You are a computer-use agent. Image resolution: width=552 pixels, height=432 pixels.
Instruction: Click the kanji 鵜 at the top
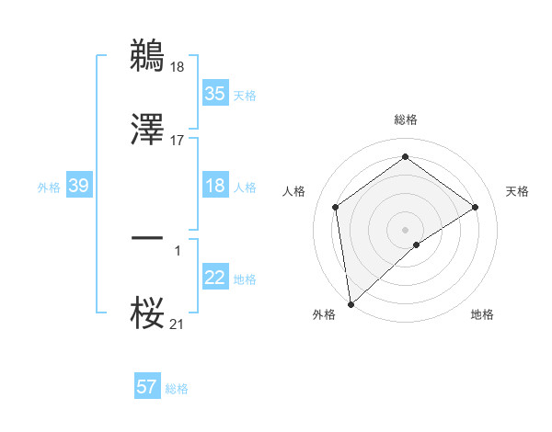coord(147,55)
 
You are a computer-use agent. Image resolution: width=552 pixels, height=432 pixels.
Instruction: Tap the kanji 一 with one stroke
coord(147,239)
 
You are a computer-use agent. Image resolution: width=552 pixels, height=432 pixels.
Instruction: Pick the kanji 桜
coord(147,313)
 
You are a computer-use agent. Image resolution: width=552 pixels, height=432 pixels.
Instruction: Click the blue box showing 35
coord(214,93)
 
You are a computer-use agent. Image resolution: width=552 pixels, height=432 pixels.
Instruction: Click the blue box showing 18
coord(214,186)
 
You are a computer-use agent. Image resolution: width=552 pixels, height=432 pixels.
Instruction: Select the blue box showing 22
coord(214,278)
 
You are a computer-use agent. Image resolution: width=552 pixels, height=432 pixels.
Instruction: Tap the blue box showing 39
coord(78,186)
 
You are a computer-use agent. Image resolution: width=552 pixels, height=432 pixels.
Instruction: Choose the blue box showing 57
coord(146,387)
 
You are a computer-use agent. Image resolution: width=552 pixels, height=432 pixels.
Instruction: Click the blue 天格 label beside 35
coord(244,95)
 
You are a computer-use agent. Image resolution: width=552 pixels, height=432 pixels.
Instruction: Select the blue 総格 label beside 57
coord(177,389)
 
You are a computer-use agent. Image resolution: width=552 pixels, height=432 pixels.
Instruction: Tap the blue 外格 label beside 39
coord(49,187)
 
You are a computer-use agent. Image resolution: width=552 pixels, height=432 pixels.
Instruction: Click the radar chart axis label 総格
coord(406,119)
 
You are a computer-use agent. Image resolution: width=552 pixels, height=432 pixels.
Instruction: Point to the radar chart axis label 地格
coord(482,314)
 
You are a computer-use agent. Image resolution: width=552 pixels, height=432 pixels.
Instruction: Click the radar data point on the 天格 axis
coord(476,207)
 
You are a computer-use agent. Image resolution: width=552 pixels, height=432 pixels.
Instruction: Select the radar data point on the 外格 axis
coord(351,304)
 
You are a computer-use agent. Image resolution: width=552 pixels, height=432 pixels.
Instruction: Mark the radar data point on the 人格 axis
coord(336,207)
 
